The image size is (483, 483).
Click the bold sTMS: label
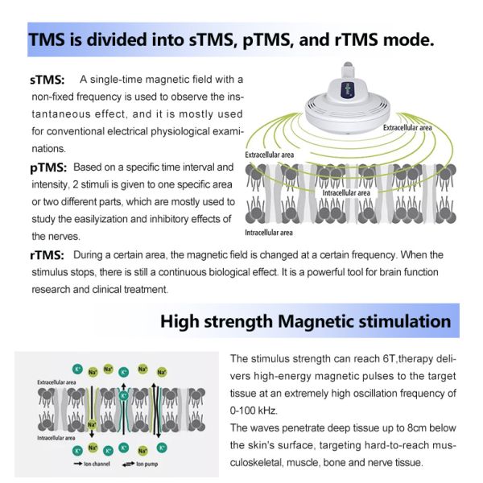[x=47, y=80]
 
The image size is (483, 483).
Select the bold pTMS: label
[x=48, y=168]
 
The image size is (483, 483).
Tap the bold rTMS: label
[x=47, y=255]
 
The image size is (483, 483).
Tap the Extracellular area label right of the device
[x=407, y=127]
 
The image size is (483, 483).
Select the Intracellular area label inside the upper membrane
[x=346, y=193]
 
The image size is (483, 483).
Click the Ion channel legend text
[x=97, y=464]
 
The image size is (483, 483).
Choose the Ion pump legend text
[x=147, y=464]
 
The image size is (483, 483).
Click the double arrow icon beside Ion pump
[x=128, y=464]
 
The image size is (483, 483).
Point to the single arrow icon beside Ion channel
[x=77, y=464]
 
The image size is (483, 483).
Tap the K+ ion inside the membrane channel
[x=123, y=395]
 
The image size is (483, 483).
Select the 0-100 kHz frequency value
[x=254, y=411]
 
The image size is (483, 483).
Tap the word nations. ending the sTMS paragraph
[x=49, y=149]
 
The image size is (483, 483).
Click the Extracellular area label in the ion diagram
[x=56, y=382]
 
